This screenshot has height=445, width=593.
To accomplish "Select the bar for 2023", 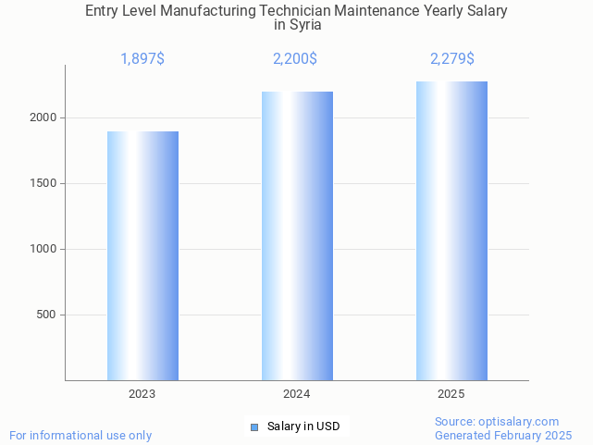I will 142,255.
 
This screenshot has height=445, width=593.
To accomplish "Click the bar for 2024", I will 297,236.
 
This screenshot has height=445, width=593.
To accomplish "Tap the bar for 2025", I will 451,230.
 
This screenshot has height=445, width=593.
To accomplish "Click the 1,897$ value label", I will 142,59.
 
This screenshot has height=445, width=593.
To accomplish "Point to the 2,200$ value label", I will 295,59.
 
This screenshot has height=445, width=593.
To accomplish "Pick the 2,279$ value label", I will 452,59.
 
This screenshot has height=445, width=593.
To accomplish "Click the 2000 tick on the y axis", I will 43,118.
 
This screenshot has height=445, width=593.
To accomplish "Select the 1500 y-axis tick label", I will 43,184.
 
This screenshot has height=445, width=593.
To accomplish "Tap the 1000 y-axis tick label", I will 43,250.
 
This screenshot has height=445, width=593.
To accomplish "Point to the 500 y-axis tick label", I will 47,315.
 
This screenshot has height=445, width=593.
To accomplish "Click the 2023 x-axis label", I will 142,394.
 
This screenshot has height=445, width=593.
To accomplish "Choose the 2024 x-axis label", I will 297,394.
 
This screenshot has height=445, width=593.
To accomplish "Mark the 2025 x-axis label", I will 451,394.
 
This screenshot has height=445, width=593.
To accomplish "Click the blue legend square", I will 254,426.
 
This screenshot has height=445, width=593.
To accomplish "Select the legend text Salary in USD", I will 303,426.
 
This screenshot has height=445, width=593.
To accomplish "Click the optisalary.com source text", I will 497,421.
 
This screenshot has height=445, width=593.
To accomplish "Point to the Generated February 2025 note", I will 503,435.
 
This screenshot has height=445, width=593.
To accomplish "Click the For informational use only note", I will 80,435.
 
